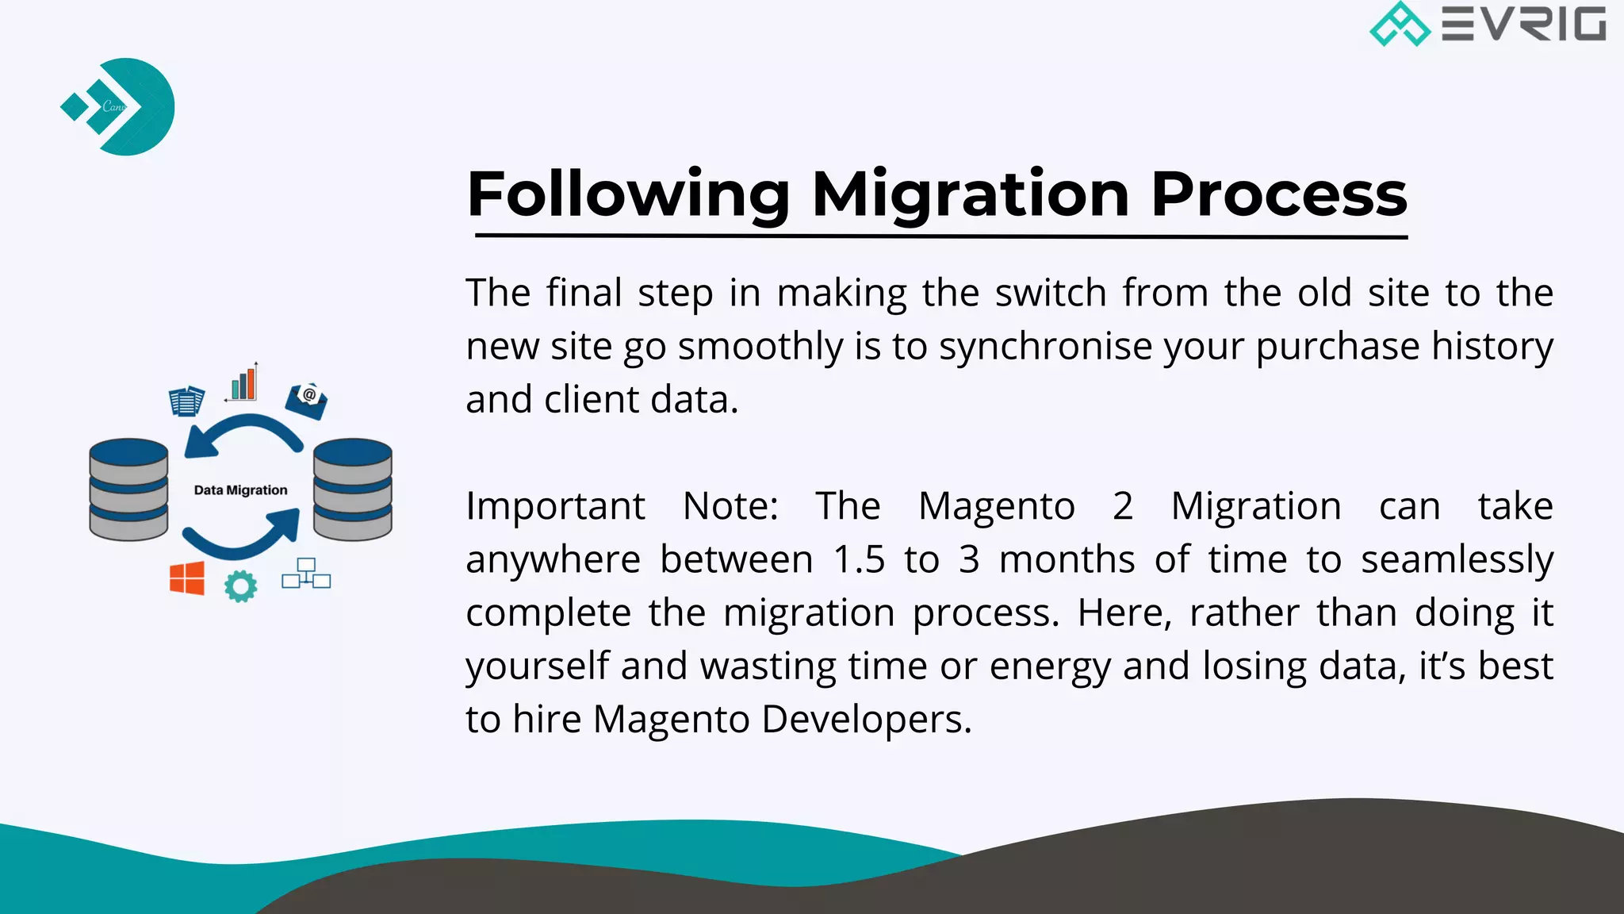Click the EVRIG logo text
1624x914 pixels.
(x=1523, y=24)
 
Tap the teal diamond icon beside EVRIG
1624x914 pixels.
(x=1400, y=24)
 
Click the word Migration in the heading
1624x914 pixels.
(x=970, y=194)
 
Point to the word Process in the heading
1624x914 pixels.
(x=1278, y=194)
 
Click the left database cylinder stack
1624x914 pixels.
(x=128, y=490)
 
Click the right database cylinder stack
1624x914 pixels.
(x=352, y=490)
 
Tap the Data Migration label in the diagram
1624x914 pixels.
(x=240, y=490)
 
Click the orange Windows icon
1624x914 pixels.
(x=187, y=578)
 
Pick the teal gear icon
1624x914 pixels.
(x=240, y=586)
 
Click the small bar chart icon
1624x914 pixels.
(x=243, y=383)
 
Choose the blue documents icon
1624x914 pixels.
(x=186, y=401)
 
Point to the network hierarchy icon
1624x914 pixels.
(x=306, y=574)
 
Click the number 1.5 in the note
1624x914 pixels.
(x=859, y=559)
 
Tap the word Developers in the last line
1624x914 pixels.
(x=866, y=720)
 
